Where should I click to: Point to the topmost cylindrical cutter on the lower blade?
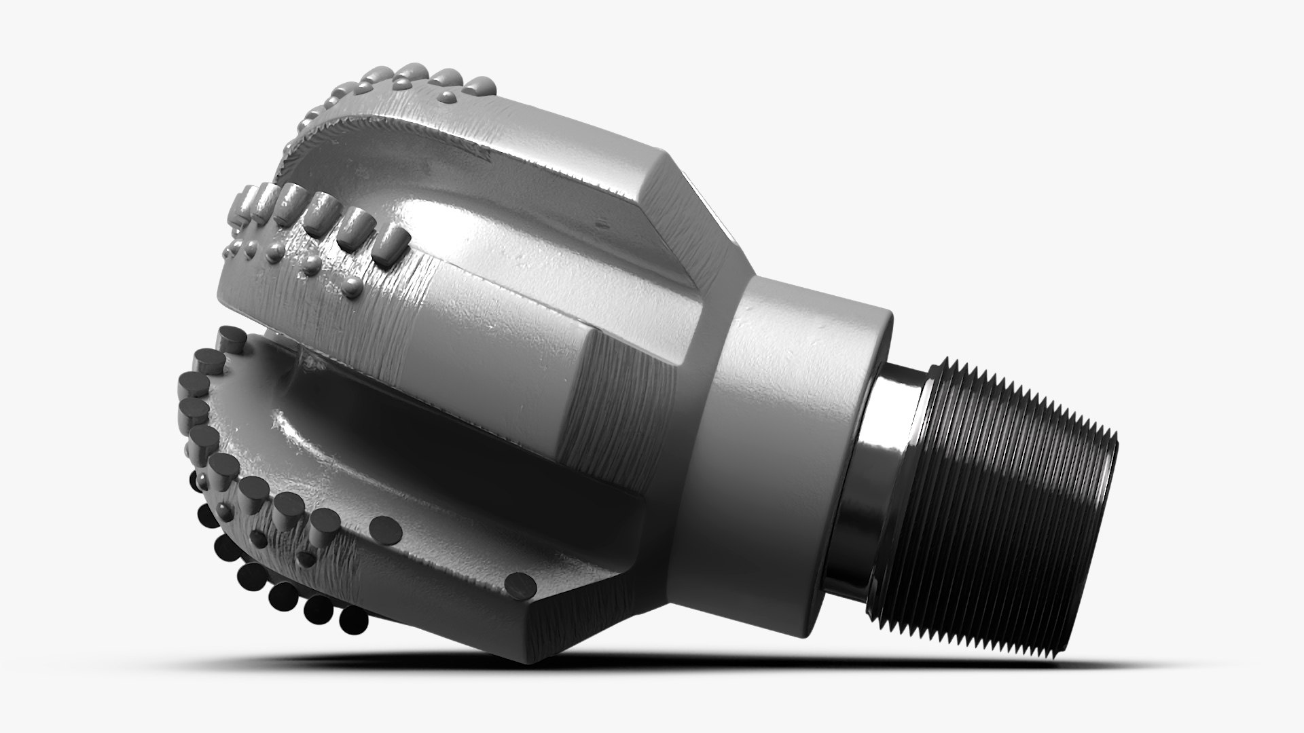coord(231,339)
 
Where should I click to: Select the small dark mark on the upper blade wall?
coord(600,223)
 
